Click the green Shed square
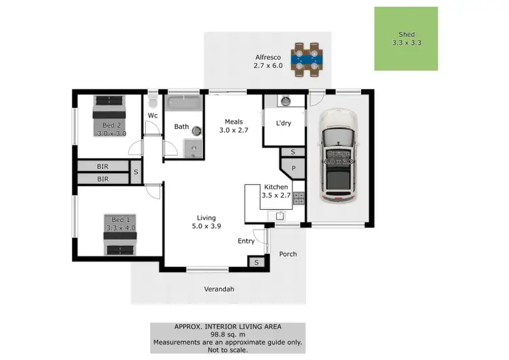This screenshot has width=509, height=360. pyautogui.click(x=406, y=39)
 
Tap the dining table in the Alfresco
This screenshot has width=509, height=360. pyautogui.click(x=307, y=58)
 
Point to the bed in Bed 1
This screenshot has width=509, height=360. pyautogui.click(x=119, y=235)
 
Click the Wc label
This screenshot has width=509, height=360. pyautogui.click(x=153, y=115)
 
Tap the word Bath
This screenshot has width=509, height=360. pyautogui.click(x=181, y=126)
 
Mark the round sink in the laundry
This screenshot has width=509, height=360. pyautogui.click(x=286, y=101)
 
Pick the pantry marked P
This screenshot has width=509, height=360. pyautogui.click(x=293, y=168)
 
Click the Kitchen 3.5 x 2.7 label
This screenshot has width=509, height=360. pyautogui.click(x=276, y=191)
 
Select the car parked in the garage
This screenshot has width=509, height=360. pyautogui.click(x=337, y=157)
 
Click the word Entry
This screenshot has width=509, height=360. pyautogui.click(x=246, y=241)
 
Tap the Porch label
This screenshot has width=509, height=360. pyautogui.click(x=288, y=254)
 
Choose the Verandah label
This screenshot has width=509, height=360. pyautogui.click(x=219, y=289)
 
